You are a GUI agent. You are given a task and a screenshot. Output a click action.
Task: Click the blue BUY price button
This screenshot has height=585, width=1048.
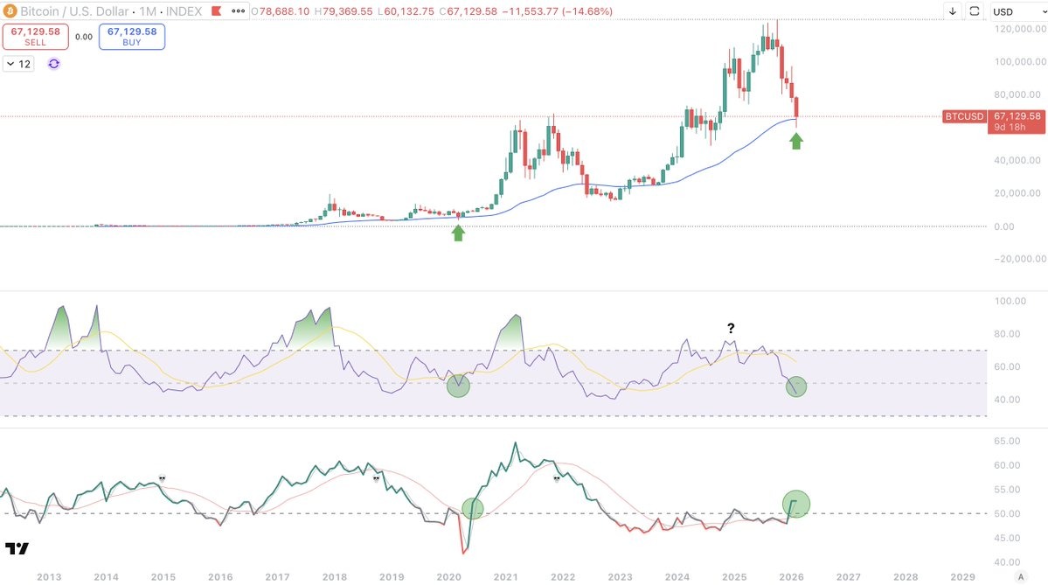[132, 36]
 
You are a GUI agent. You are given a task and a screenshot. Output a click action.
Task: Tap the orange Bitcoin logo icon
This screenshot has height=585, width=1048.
[10, 11]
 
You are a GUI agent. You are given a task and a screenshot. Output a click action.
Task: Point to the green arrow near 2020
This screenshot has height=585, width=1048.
[458, 233]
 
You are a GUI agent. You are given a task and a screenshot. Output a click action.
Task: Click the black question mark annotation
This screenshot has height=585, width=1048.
[731, 329]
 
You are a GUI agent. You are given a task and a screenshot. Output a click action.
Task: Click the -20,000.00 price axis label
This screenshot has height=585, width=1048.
[1016, 259]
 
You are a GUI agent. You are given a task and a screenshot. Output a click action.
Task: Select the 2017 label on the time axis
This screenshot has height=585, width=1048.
[277, 576]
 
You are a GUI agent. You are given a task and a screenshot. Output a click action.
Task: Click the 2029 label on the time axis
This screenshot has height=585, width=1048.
[962, 576]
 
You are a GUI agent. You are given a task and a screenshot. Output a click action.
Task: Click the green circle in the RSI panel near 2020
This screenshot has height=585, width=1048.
[458, 385]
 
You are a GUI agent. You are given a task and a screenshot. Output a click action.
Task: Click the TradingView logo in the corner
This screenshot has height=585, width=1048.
[17, 548]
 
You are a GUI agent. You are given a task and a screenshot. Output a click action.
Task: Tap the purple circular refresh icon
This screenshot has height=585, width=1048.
[53, 64]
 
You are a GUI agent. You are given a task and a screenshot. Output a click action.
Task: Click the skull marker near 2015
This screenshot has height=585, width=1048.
[162, 478]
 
